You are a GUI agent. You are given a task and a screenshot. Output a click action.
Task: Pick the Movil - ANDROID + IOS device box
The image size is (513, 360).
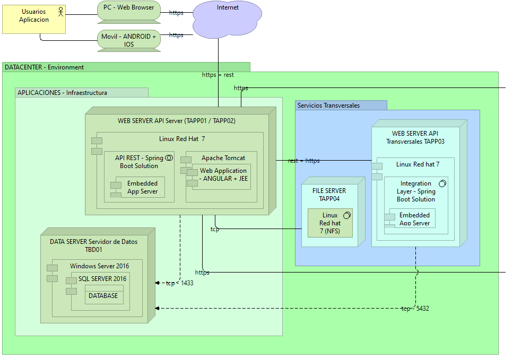pos(129,40)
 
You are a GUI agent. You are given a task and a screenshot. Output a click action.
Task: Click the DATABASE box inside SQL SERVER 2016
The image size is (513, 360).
pos(103,295)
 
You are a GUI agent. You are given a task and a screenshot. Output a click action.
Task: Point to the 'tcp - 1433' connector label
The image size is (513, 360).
pos(179,283)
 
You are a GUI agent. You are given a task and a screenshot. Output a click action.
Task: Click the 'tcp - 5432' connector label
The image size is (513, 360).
pos(415,308)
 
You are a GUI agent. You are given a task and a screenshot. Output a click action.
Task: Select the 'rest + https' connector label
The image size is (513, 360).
pos(303,161)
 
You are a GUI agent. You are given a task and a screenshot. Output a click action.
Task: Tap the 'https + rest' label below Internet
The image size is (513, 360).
pos(218,75)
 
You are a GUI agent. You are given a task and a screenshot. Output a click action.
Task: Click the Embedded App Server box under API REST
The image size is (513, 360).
pos(142,188)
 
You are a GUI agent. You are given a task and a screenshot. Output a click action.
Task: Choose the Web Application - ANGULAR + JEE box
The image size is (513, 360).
pos(223,175)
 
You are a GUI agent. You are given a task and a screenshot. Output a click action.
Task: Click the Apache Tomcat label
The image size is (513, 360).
pos(223,158)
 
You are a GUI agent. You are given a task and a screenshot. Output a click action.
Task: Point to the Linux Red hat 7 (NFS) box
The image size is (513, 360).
pos(330,223)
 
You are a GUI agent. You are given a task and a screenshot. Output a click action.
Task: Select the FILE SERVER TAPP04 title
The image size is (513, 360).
pos(329,195)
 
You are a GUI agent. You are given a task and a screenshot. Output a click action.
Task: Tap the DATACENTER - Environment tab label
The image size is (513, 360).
pos(45,67)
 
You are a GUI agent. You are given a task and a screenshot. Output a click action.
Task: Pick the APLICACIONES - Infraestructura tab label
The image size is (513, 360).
pos(62,93)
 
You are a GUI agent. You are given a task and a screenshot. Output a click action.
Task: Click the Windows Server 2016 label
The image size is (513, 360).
pos(99,266)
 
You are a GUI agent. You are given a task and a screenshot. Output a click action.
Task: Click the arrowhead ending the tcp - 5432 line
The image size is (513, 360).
pos(157,308)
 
